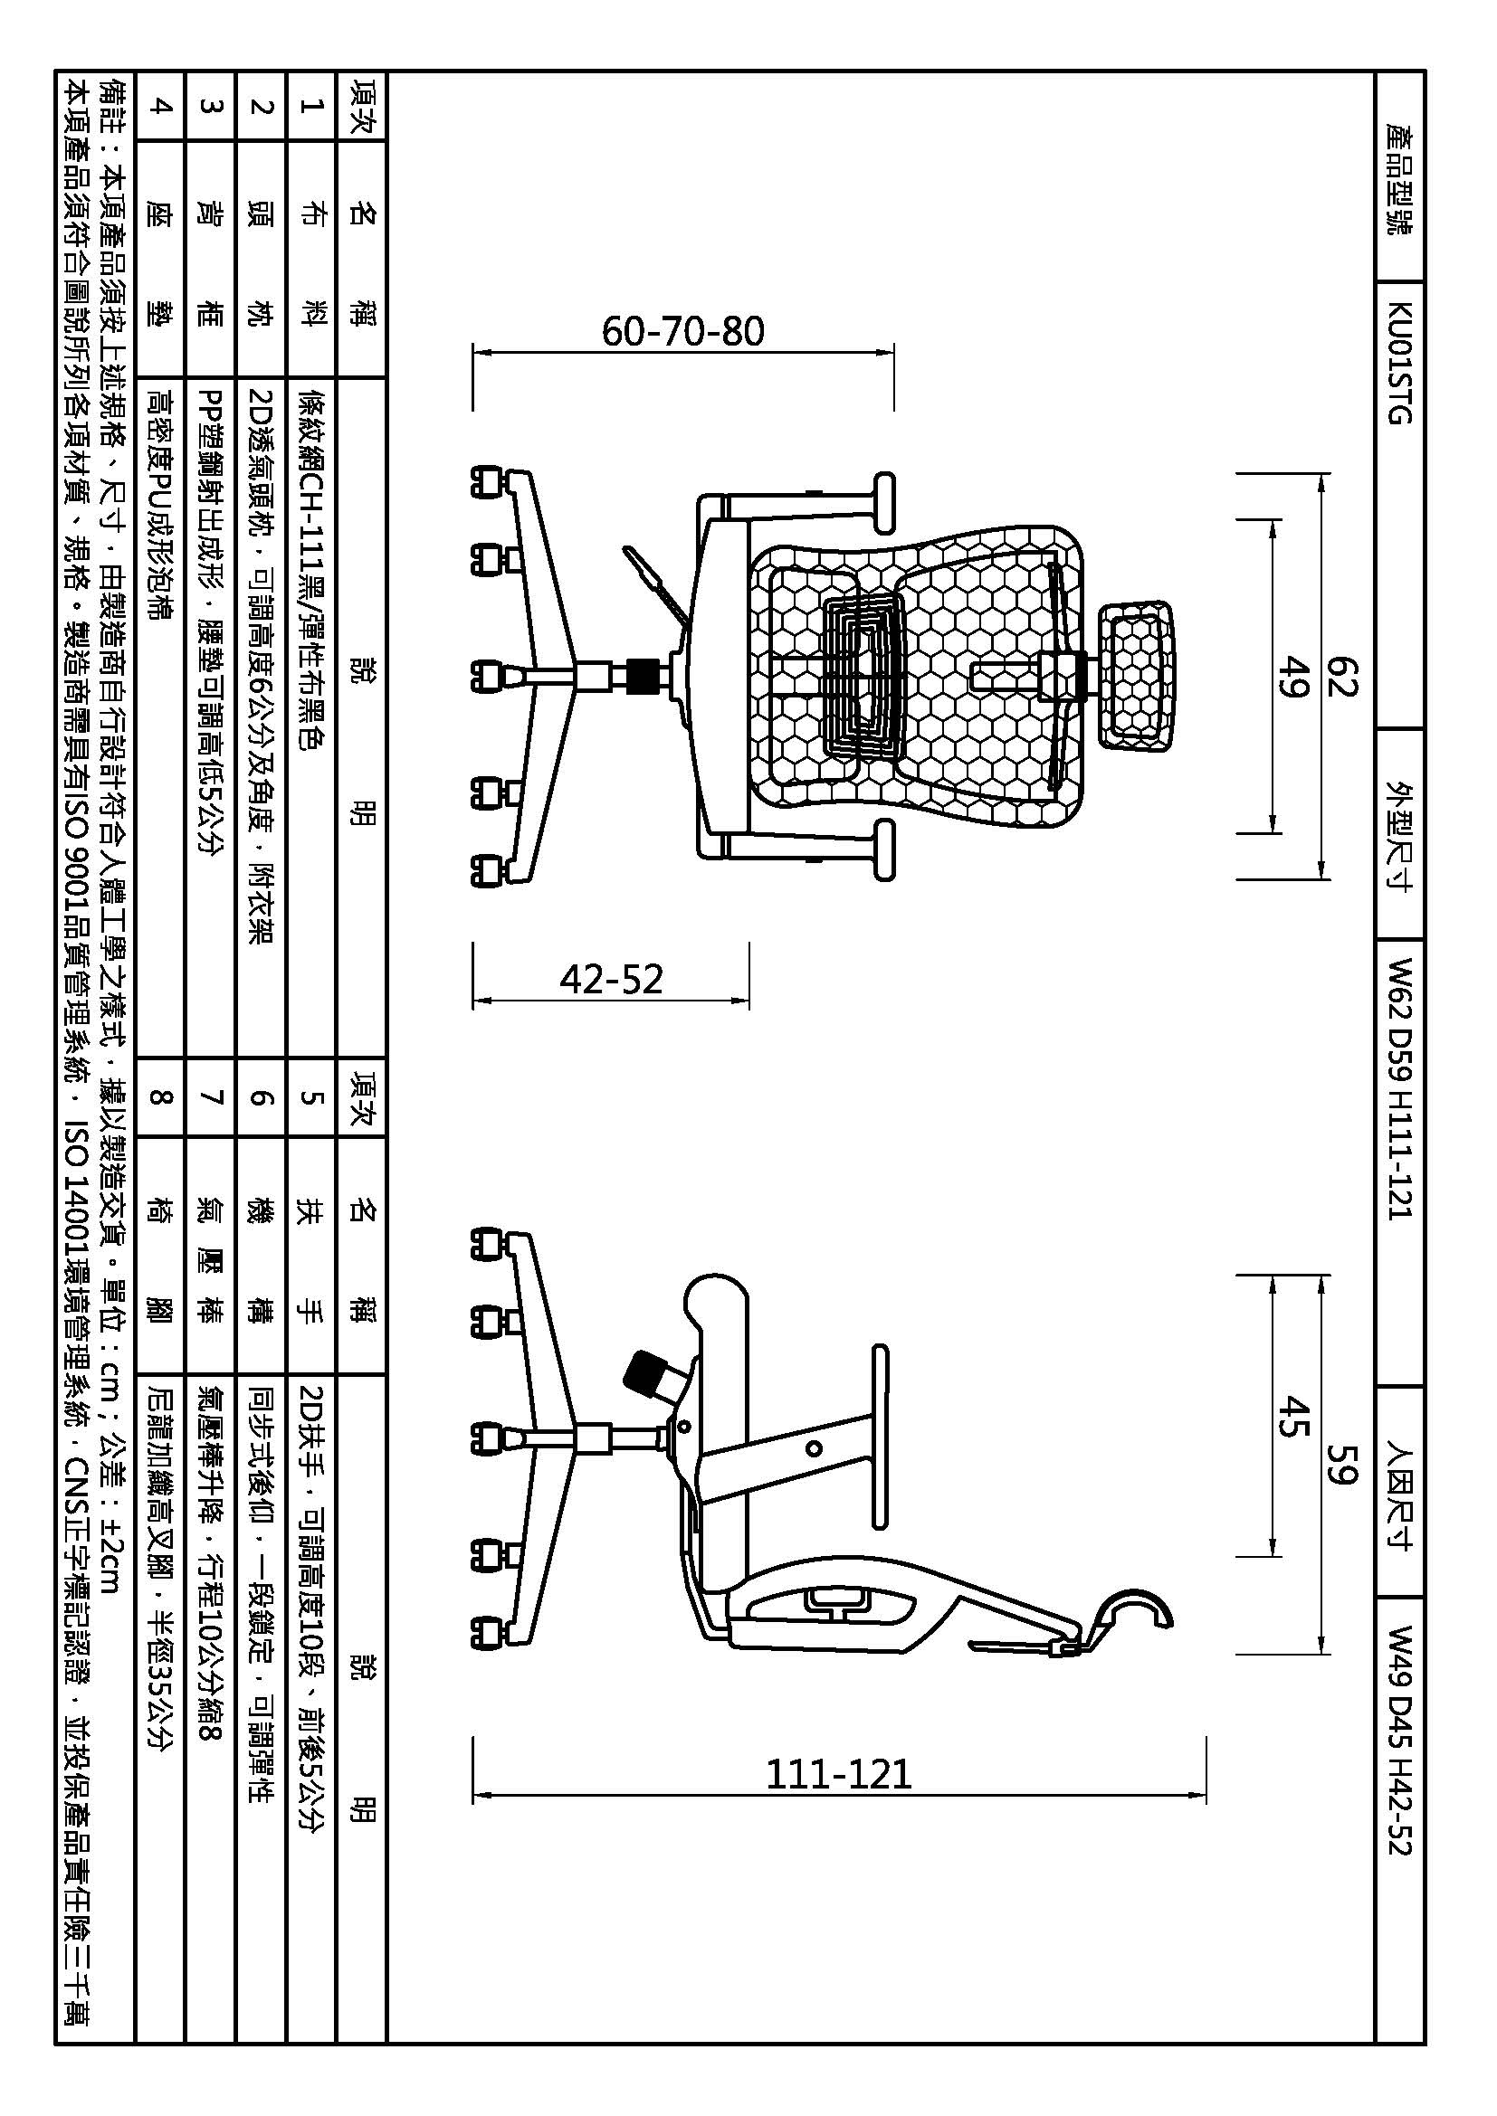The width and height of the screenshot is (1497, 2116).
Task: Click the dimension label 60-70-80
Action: coord(683,331)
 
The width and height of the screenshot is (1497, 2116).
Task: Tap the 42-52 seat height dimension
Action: coord(611,979)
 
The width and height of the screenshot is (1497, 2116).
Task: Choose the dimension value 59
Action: coord(1343,1464)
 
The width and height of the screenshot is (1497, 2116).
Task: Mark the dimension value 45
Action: coord(1293,1417)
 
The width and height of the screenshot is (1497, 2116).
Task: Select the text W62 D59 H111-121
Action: coord(1398,1088)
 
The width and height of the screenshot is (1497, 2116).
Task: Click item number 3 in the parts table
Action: coord(211,106)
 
